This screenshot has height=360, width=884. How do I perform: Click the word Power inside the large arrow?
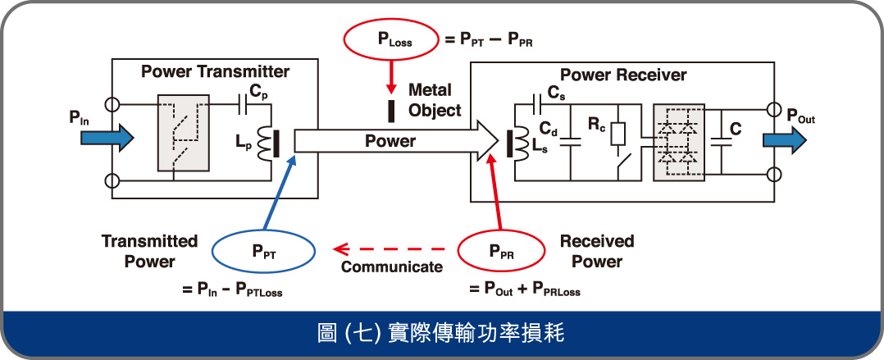(390, 141)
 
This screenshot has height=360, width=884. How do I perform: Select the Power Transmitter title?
(215, 71)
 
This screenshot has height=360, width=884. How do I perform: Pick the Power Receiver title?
(623, 75)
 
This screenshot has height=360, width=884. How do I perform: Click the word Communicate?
(391, 267)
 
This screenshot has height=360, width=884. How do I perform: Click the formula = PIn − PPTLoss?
(230, 289)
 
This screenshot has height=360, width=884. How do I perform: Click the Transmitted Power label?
(149, 251)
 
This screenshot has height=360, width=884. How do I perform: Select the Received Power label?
(597, 251)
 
